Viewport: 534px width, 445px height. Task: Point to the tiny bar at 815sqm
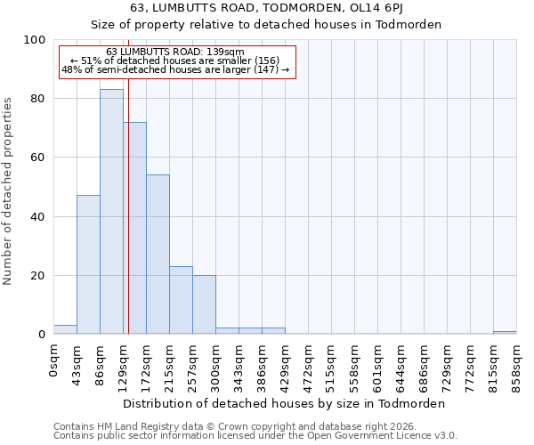point(505,332)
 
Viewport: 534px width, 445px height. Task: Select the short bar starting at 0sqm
point(65,329)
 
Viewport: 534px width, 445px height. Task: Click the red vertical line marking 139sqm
point(128,222)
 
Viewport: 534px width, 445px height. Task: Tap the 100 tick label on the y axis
point(35,40)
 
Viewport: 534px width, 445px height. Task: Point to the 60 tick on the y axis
point(38,158)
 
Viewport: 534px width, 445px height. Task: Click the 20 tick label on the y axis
point(38,276)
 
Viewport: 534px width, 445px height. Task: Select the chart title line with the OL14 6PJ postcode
point(285,8)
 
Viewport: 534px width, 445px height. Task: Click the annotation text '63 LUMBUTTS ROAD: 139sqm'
point(174,53)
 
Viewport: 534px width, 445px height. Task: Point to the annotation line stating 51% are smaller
point(174,61)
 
